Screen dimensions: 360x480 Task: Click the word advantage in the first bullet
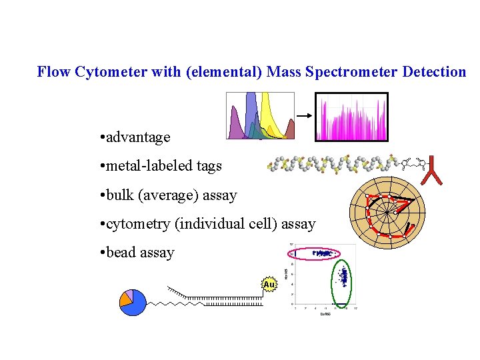[x=138, y=137]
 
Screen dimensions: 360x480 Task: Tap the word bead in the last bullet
[x=121, y=253]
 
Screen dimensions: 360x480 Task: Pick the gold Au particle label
[x=269, y=285]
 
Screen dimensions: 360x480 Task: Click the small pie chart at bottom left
[x=133, y=301]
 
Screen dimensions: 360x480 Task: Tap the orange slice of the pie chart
[x=125, y=299]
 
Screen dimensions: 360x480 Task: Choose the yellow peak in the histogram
[x=269, y=117]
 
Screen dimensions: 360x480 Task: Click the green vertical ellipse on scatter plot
[x=344, y=281]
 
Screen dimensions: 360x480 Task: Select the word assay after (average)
[x=219, y=195]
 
